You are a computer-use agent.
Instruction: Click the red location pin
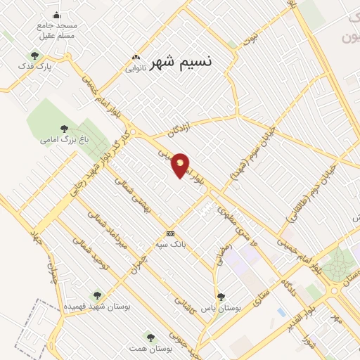[x=181, y=164]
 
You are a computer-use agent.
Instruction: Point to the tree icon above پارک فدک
[x=35, y=56]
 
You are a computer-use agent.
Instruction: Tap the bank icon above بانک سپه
[x=170, y=233]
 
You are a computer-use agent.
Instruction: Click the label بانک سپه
[x=170, y=244]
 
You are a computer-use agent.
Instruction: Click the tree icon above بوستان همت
[x=148, y=337]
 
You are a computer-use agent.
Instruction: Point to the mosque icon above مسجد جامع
[x=57, y=15]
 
